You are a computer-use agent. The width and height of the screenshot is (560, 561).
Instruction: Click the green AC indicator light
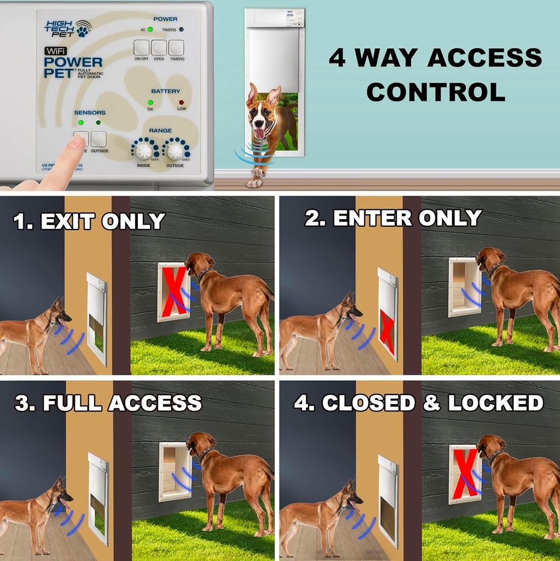150,30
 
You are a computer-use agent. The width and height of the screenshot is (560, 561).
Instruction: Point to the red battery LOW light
181,102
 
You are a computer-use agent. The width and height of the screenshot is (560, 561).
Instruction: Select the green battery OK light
150,102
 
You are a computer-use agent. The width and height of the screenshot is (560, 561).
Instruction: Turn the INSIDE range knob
143,151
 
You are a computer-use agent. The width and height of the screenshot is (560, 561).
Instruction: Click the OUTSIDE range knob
175,151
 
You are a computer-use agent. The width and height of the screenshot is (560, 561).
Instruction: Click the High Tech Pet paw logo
83,29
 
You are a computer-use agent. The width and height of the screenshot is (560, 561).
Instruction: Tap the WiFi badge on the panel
55,51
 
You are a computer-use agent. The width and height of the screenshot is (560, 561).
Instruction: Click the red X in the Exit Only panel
174,291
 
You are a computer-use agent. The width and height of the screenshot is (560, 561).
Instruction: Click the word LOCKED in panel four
495,403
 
